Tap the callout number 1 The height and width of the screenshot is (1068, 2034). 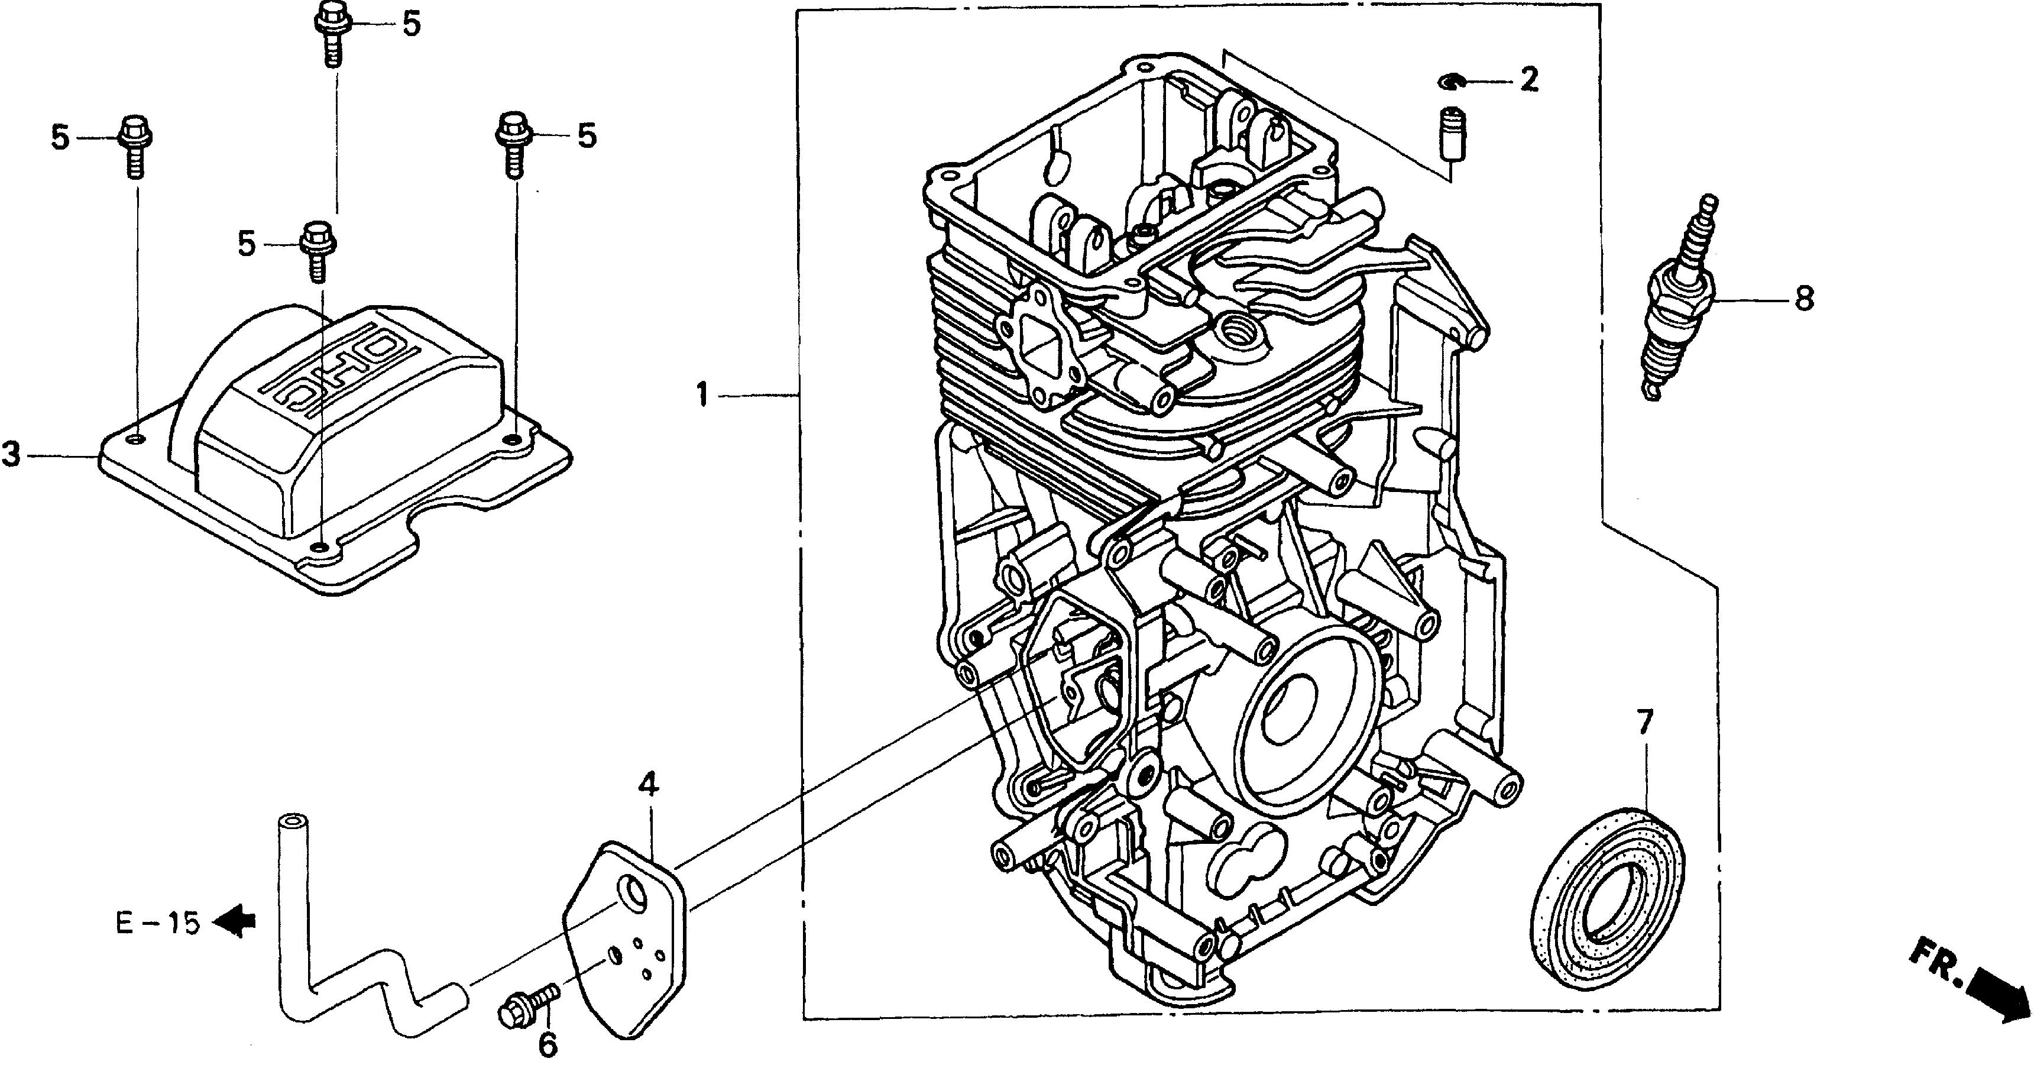click(702, 394)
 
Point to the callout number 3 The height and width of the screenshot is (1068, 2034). click(11, 455)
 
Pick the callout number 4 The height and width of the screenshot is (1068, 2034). click(648, 786)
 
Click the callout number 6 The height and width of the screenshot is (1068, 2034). click(547, 1044)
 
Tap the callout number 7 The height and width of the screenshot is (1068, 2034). click(1645, 723)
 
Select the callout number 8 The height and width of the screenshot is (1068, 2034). click(1804, 299)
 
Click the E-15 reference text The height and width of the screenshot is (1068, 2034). click(158, 923)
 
